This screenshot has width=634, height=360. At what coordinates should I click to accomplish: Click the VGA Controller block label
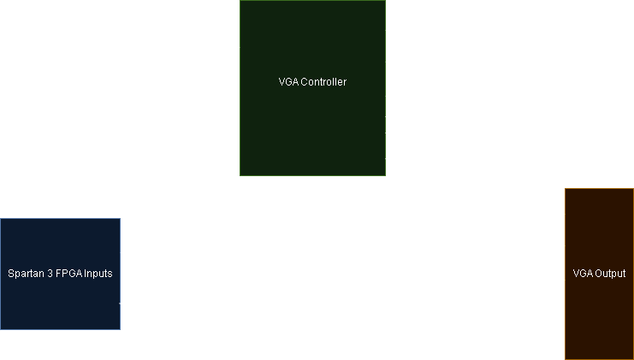tap(312, 82)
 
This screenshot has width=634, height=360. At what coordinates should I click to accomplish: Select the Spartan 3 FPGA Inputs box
tap(60, 274)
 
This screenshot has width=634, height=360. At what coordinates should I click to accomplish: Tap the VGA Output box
tap(599, 274)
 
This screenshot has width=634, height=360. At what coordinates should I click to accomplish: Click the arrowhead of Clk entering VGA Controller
tap(236, 98)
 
